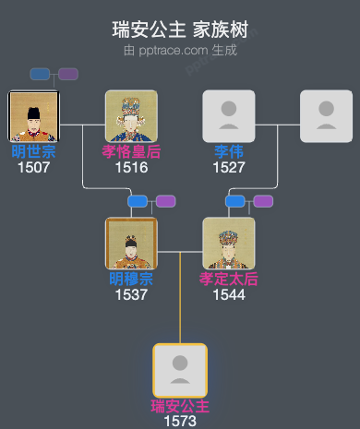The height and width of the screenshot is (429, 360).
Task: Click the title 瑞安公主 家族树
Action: click(180, 30)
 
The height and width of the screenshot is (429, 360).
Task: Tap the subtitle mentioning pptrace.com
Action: click(180, 50)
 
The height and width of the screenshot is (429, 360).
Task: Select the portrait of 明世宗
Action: click(33, 116)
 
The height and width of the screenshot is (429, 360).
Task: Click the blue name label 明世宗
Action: click(33, 150)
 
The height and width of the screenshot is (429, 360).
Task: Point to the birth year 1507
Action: click(33, 167)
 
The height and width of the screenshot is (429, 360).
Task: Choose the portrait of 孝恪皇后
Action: click(131, 116)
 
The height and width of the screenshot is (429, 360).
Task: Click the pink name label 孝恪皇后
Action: click(131, 150)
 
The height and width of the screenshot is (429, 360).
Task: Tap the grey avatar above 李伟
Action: click(228, 116)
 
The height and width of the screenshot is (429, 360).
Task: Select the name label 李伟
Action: click(228, 150)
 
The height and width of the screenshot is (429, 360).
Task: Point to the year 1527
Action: click(228, 167)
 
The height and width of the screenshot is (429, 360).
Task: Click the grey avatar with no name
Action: click(326, 116)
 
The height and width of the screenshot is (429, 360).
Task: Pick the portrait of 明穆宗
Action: click(131, 244)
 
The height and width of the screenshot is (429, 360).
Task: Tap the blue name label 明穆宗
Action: click(131, 278)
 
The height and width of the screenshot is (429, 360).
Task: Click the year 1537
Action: click(131, 294)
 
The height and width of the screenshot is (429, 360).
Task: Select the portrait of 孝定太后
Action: click(228, 244)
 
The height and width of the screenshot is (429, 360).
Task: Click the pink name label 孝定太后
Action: click(228, 278)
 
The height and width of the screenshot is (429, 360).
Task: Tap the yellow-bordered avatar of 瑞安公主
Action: click(180, 370)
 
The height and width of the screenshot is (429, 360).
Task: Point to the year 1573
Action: click(180, 421)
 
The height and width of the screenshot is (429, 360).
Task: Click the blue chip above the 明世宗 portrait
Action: click(40, 74)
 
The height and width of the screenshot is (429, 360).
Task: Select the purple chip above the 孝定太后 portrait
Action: click(263, 201)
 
